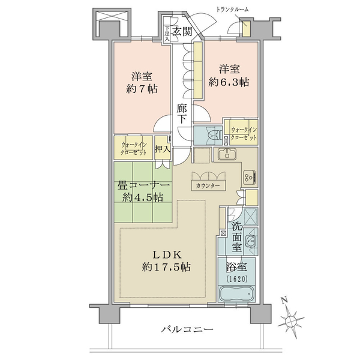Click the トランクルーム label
232,10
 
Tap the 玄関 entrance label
182,31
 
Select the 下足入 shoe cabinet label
167,34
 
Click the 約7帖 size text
142,89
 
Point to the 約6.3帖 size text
229,82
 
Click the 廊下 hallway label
182,113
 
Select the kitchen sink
227,154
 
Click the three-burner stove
250,177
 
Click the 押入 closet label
163,149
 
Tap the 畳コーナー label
143,185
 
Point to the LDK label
167,254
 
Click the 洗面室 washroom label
236,237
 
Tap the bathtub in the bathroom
237,293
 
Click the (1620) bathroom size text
237,279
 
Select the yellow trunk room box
247,29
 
